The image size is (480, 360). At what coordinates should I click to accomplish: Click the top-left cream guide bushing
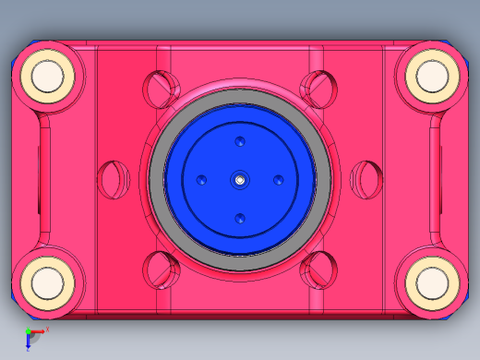tap(47, 78)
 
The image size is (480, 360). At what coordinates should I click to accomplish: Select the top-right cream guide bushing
tap(431, 78)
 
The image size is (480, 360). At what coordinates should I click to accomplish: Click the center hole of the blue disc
tap(240, 180)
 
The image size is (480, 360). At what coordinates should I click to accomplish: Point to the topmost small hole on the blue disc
tap(240, 142)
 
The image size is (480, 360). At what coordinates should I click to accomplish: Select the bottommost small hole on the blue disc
tap(240, 219)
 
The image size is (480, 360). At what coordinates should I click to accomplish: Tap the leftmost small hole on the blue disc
tap(201, 180)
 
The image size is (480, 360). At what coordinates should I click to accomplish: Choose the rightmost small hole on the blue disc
tap(278, 180)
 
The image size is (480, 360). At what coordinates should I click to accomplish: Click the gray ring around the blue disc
tap(158, 180)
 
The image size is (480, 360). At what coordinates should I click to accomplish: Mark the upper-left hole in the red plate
tap(162, 88)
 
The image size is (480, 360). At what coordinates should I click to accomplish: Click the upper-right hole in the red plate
tap(318, 88)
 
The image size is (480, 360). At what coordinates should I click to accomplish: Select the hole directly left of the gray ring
tap(114, 180)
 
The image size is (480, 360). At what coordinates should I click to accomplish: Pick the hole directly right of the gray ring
tap(366, 180)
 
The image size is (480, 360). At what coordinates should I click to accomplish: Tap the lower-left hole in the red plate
tap(162, 270)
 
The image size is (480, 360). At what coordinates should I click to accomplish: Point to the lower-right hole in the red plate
tap(318, 270)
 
